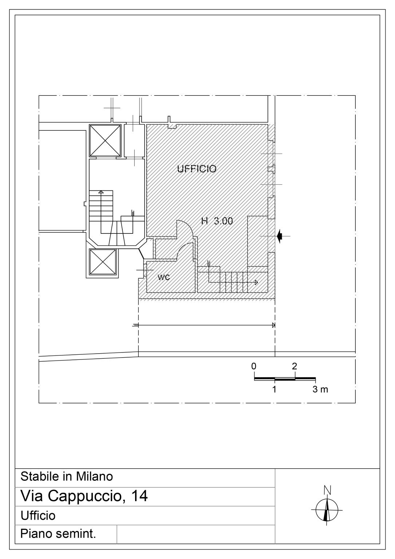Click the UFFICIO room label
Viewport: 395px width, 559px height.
(x=197, y=169)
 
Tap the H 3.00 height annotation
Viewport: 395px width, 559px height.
(x=217, y=221)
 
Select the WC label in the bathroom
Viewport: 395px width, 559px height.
(x=164, y=277)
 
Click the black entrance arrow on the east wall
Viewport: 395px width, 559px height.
(x=280, y=236)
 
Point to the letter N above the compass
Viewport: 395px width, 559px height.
(x=327, y=490)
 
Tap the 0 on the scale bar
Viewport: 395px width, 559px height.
(x=254, y=366)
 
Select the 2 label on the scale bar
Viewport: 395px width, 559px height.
(x=295, y=366)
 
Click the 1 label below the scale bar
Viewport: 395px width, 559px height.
(x=274, y=389)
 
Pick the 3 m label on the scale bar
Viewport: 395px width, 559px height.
(x=320, y=389)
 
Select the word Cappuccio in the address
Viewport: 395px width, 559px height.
(x=84, y=496)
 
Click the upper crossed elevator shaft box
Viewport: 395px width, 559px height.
(x=105, y=141)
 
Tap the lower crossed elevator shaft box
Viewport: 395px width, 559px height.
(x=103, y=262)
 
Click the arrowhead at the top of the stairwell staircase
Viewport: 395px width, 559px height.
(x=101, y=192)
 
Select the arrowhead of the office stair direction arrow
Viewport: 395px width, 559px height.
(x=256, y=283)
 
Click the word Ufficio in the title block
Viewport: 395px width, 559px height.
(x=38, y=516)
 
